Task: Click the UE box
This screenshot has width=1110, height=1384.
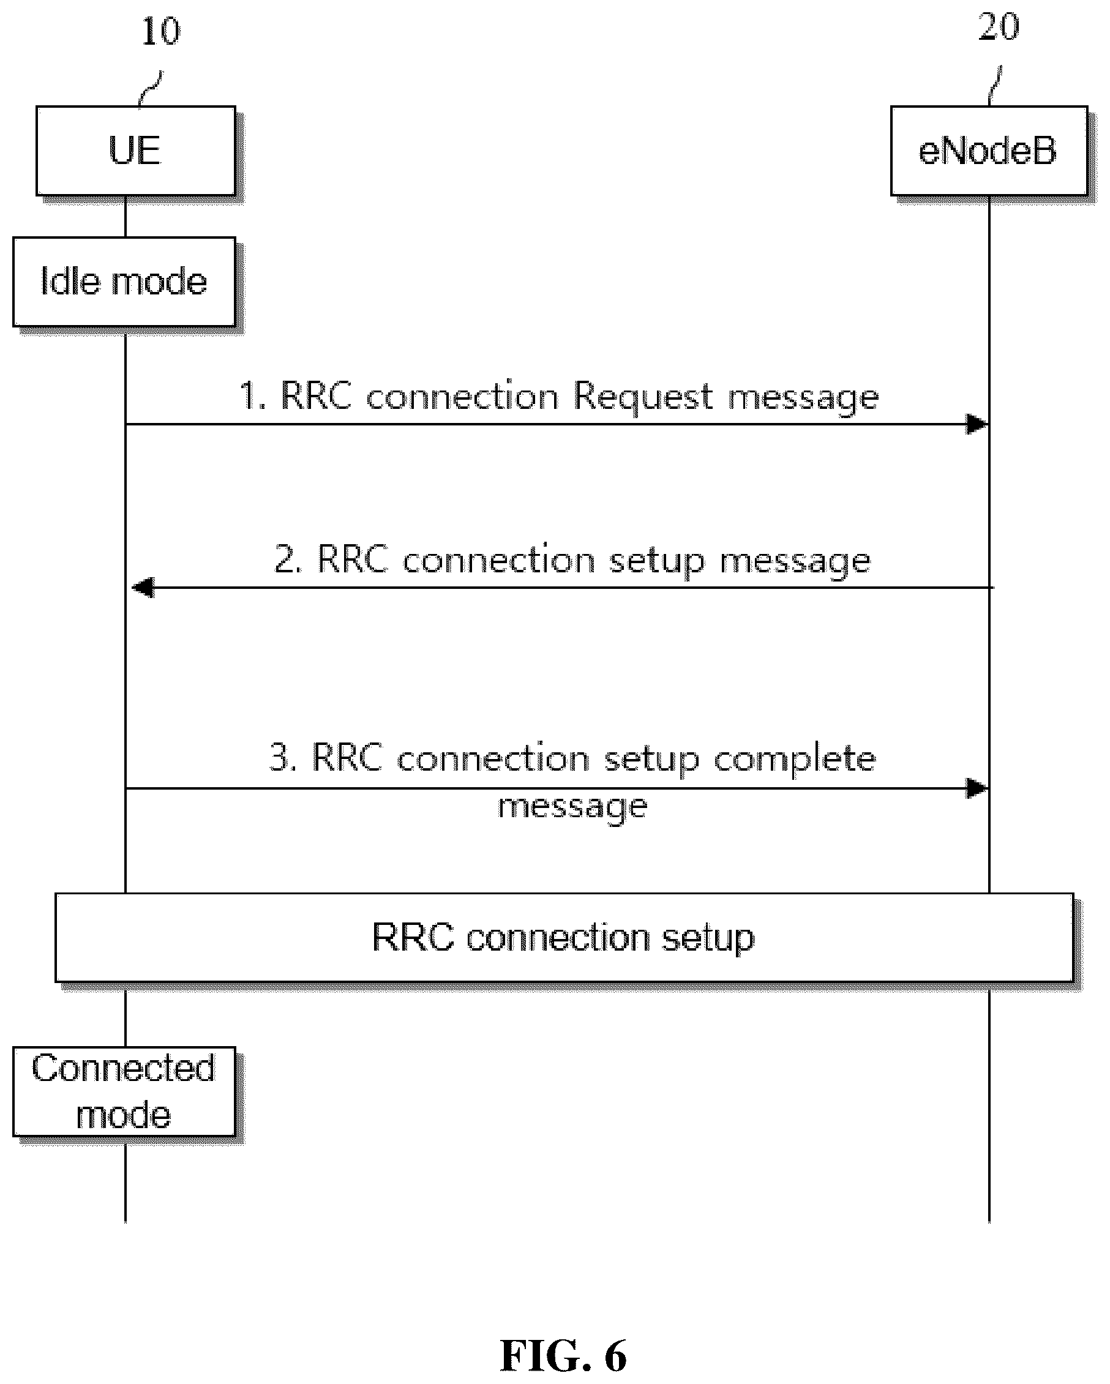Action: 135,151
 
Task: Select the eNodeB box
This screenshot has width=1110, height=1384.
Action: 989,151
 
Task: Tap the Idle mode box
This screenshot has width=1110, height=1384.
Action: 124,282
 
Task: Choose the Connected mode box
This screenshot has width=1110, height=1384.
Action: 124,1092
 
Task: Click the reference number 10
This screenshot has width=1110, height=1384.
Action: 160,31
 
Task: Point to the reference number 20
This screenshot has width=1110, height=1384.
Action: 999,27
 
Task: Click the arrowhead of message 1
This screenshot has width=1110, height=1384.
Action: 977,424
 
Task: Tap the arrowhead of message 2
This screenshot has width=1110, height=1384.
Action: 143,588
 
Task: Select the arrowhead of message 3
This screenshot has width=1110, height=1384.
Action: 977,788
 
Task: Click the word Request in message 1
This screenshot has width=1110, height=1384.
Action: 643,397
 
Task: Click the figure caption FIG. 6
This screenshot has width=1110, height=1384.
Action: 563,1355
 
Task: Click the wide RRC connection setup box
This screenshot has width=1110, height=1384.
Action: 564,938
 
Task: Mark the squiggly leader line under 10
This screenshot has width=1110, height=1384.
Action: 151,88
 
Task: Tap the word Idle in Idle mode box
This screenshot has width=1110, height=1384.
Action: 70,280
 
